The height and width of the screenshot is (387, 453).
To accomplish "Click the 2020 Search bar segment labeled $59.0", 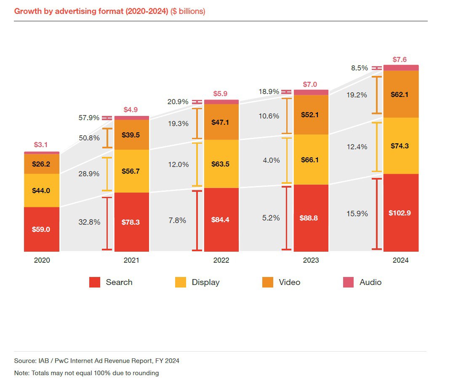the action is (42, 229).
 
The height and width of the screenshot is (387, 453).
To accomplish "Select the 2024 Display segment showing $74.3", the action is (401, 146).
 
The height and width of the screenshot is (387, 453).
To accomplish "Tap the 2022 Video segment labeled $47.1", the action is (221, 122).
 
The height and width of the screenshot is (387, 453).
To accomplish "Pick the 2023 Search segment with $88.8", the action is (311, 218).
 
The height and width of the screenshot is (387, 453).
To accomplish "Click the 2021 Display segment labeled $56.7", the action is (132, 171).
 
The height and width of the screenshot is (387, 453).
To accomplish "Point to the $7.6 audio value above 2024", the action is (400, 59).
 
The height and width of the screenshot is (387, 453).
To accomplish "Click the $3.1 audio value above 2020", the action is (41, 145).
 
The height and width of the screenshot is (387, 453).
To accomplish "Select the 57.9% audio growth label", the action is (89, 118).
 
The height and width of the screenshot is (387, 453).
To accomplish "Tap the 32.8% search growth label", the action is (89, 222).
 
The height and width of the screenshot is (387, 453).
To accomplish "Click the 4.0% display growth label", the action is (271, 160).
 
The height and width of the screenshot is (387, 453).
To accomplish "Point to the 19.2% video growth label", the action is (357, 95).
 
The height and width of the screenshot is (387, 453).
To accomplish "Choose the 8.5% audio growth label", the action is (360, 68).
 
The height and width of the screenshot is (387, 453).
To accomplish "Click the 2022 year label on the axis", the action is (221, 260).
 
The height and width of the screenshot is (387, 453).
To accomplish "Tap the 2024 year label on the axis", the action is (401, 260).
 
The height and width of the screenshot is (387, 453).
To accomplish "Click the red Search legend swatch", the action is (95, 282).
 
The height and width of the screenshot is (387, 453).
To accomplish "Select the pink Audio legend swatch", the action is (349, 282).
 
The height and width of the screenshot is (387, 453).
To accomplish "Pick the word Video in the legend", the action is (290, 282).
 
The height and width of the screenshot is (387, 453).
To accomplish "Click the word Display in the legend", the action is (206, 282).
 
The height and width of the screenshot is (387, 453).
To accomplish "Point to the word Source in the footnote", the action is (25, 361).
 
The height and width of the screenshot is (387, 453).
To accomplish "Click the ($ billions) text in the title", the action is (188, 11).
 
